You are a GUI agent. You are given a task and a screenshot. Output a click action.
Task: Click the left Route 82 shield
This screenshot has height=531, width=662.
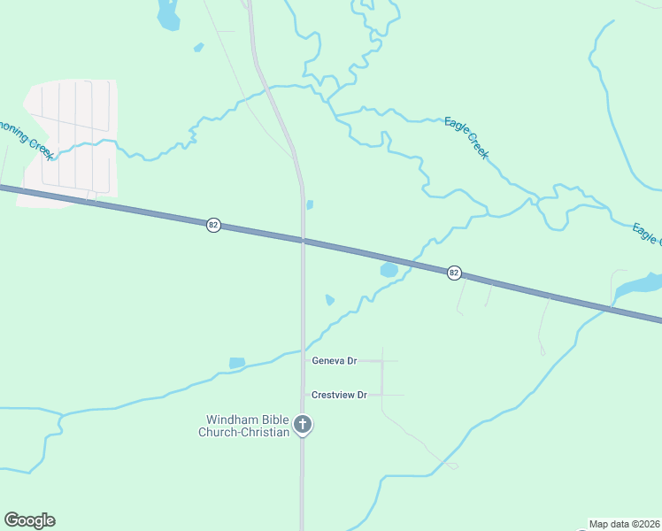pyautogui.click(x=213, y=225)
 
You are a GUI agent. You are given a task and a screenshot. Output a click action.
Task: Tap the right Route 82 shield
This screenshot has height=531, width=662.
pyautogui.click(x=454, y=273)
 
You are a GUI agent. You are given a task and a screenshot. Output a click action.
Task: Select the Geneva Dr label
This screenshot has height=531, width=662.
pyautogui.click(x=334, y=361)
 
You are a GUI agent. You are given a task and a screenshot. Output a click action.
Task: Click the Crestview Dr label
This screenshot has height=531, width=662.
pyautogui.click(x=338, y=395)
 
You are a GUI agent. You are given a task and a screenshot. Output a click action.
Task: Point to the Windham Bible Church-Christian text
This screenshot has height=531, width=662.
pyautogui.click(x=248, y=426)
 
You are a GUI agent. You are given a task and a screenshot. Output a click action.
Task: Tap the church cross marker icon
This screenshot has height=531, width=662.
pyautogui.click(x=303, y=426)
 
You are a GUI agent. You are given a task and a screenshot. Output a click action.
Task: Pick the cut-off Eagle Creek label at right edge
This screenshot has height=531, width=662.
pyautogui.click(x=648, y=235)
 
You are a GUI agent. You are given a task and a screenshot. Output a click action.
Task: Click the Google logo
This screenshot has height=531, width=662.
pyautogui.click(x=29, y=520)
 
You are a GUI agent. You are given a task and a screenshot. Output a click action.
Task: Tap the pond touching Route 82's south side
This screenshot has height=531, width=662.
pyautogui.click(x=389, y=269)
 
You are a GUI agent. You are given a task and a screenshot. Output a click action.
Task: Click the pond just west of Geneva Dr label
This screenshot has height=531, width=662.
pyautogui.click(x=236, y=363)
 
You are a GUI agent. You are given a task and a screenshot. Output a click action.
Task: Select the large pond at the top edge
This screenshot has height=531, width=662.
pyautogui.click(x=167, y=12)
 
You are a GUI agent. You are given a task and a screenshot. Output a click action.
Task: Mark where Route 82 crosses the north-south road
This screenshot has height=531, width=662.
pyautogui.click(x=303, y=240)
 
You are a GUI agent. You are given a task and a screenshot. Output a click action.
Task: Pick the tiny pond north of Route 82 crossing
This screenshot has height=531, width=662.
pyautogui.click(x=309, y=204)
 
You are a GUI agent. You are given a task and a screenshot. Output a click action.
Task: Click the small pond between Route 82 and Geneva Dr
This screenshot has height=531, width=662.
pyautogui.click(x=329, y=299)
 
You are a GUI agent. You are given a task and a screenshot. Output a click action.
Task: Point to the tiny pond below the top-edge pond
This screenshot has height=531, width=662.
pyautogui.click(x=198, y=47)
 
